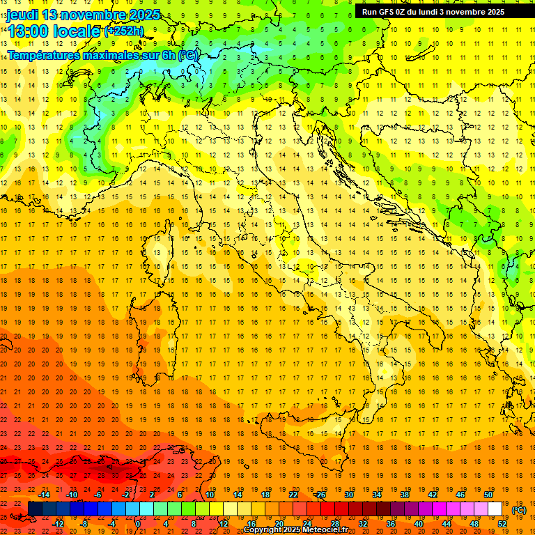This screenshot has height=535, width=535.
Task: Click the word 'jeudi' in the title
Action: point(22,15)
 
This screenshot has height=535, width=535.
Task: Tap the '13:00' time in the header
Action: point(27,31)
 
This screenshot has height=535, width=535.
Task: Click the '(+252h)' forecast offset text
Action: point(124,31)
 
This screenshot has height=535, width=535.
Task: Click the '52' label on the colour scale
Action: point(502,523)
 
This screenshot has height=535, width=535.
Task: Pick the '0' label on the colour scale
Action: point(137,523)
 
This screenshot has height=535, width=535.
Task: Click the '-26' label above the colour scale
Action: point(320,495)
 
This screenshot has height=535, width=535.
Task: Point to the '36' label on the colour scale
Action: point(390,523)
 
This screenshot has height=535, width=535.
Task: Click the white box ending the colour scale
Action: point(495,509)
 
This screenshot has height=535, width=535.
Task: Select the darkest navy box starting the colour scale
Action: point(35,509)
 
